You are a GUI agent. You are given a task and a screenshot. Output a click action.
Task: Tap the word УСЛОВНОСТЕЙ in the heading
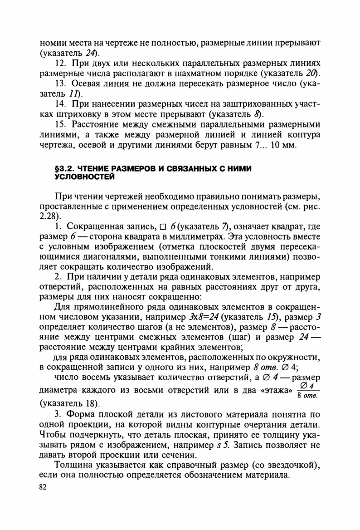[x=82, y=176]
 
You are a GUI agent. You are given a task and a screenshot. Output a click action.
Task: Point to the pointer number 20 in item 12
[x=311, y=74]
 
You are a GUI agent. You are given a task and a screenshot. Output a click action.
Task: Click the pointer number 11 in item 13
[x=74, y=94]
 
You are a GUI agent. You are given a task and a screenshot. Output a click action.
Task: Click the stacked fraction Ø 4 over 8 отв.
[x=308, y=390]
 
